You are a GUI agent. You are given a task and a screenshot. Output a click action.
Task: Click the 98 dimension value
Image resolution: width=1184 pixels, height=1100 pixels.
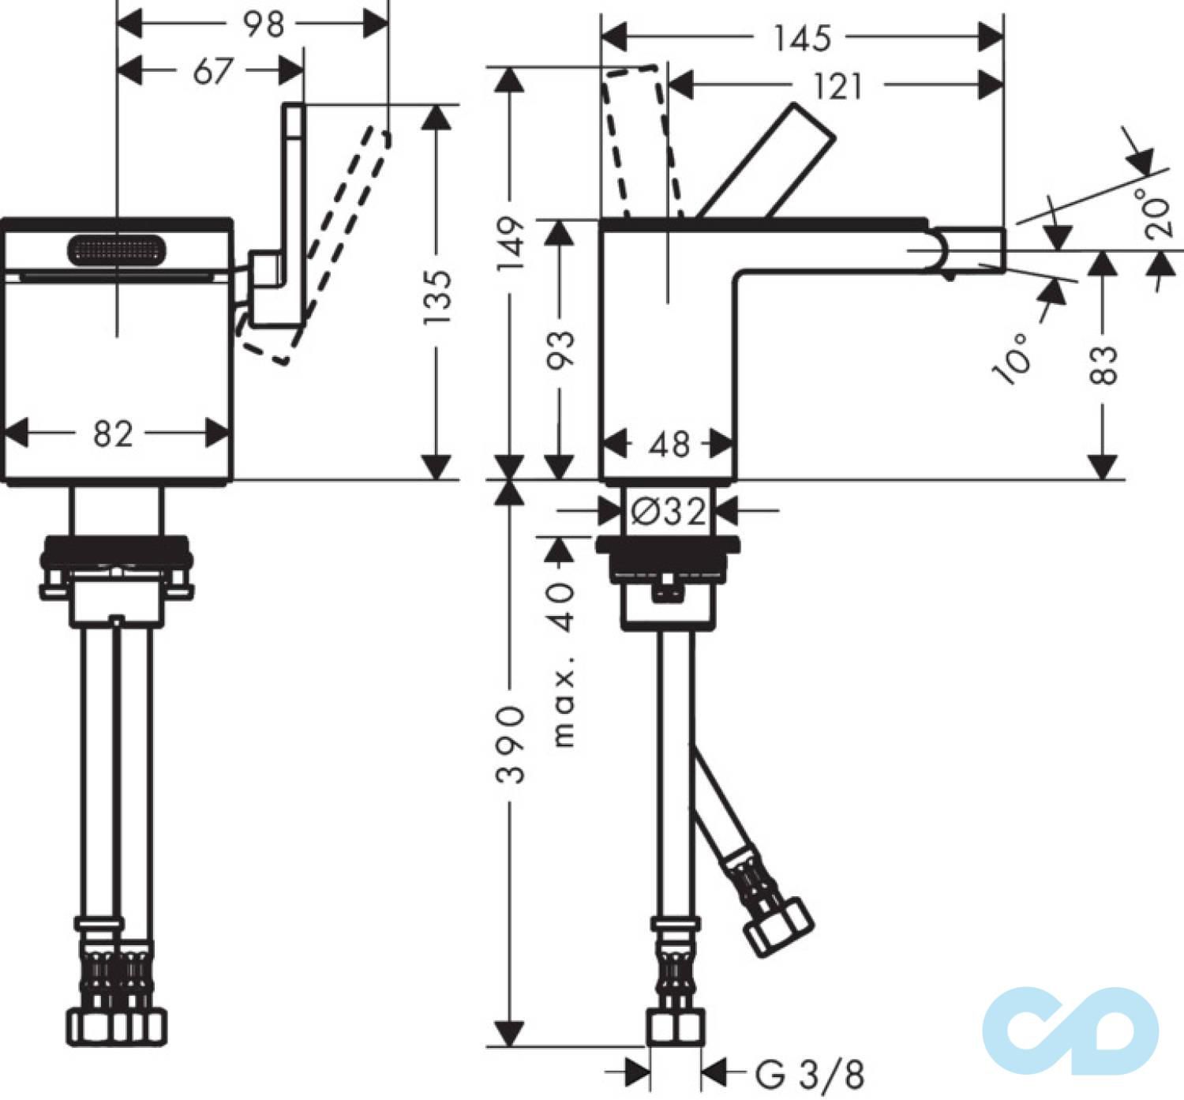[x=263, y=24]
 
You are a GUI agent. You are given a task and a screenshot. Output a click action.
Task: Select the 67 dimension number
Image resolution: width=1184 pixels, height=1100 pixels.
[x=212, y=71]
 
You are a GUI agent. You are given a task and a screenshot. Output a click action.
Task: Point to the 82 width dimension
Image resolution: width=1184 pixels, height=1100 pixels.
[x=113, y=434]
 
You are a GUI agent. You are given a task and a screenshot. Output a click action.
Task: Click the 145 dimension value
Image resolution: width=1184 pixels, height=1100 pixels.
[x=802, y=38]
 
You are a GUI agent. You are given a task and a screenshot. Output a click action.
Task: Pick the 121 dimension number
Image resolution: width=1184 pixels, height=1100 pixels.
[x=837, y=85]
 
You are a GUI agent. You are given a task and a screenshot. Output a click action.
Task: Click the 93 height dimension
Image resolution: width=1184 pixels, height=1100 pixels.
[x=560, y=348]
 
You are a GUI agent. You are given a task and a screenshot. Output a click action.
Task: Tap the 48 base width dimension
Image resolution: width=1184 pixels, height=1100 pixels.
[x=669, y=445]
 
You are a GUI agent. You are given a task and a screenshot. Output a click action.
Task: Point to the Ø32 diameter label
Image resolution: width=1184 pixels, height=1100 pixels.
[x=669, y=512]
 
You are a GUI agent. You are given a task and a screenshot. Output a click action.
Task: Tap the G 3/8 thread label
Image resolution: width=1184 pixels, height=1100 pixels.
[x=810, y=1074]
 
